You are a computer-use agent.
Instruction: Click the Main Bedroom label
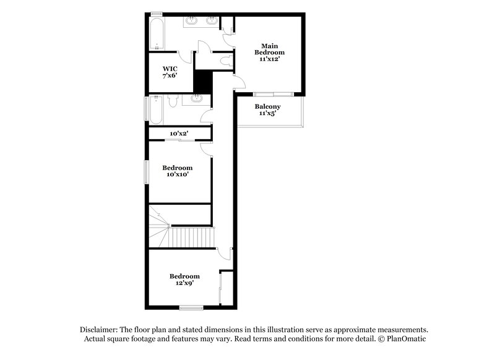[x=269, y=53]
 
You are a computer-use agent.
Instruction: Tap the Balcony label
[x=267, y=110]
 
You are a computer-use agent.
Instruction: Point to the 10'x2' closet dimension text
[x=179, y=133]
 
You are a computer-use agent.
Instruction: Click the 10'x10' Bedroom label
[x=178, y=171]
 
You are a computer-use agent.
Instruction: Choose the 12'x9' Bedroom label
[x=185, y=279]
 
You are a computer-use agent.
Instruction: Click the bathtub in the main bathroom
[x=157, y=34]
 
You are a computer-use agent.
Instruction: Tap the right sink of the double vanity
[x=212, y=22]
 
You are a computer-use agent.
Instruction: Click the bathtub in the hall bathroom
[x=156, y=108]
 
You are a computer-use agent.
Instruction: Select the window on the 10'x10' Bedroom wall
[x=147, y=171]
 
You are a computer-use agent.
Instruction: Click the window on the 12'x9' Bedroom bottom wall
[x=191, y=307]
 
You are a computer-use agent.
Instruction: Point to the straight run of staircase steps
[x=192, y=236]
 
